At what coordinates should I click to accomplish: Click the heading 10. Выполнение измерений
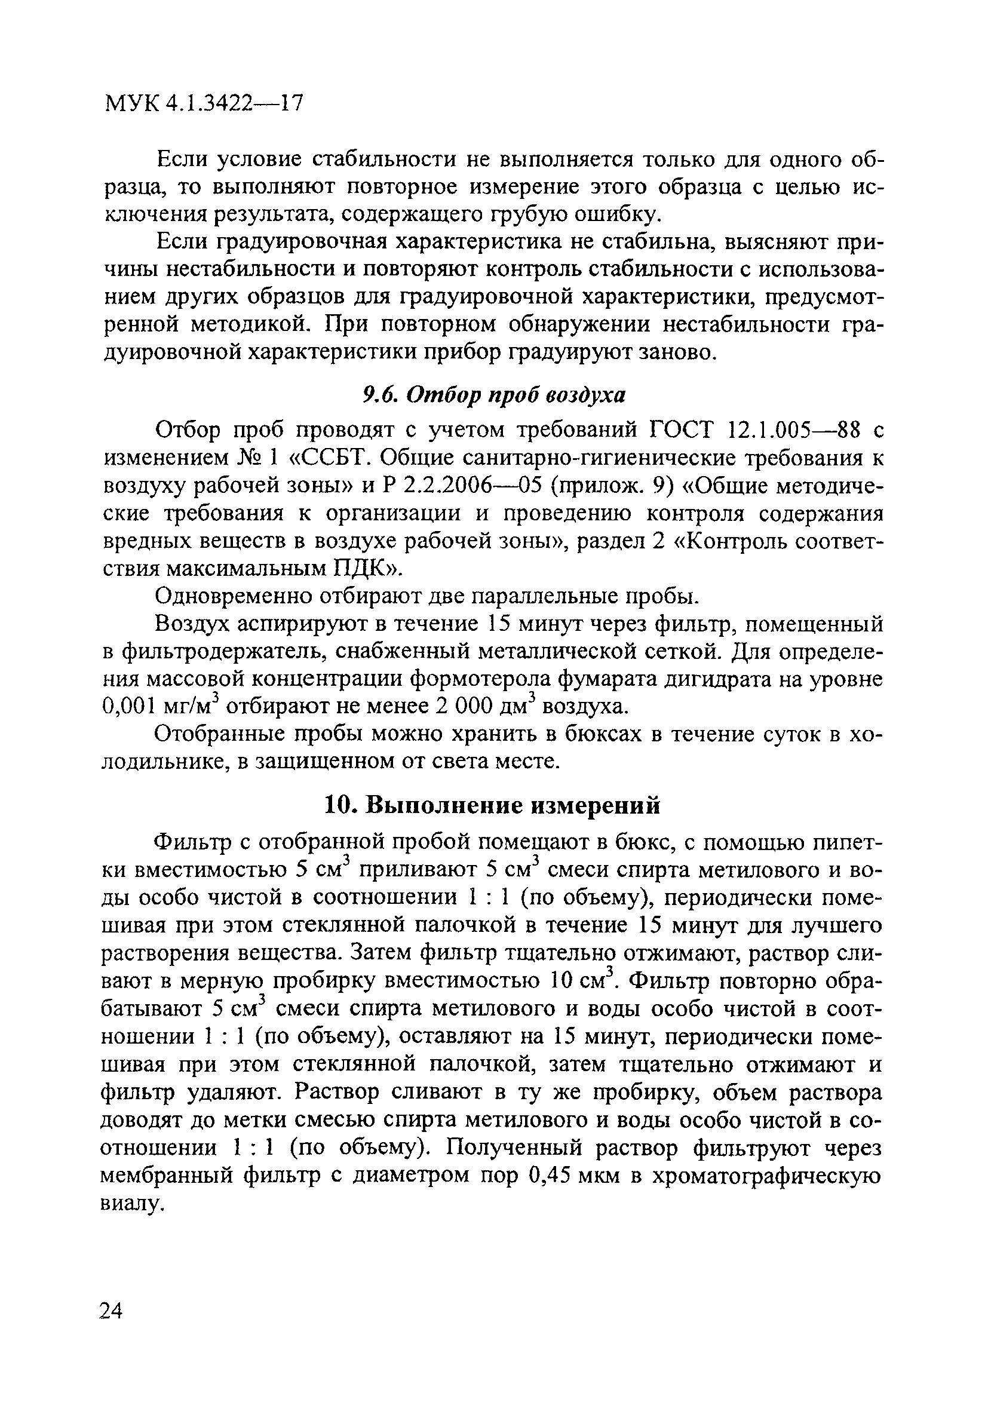click(492, 805)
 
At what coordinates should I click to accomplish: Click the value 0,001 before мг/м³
click(128, 707)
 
